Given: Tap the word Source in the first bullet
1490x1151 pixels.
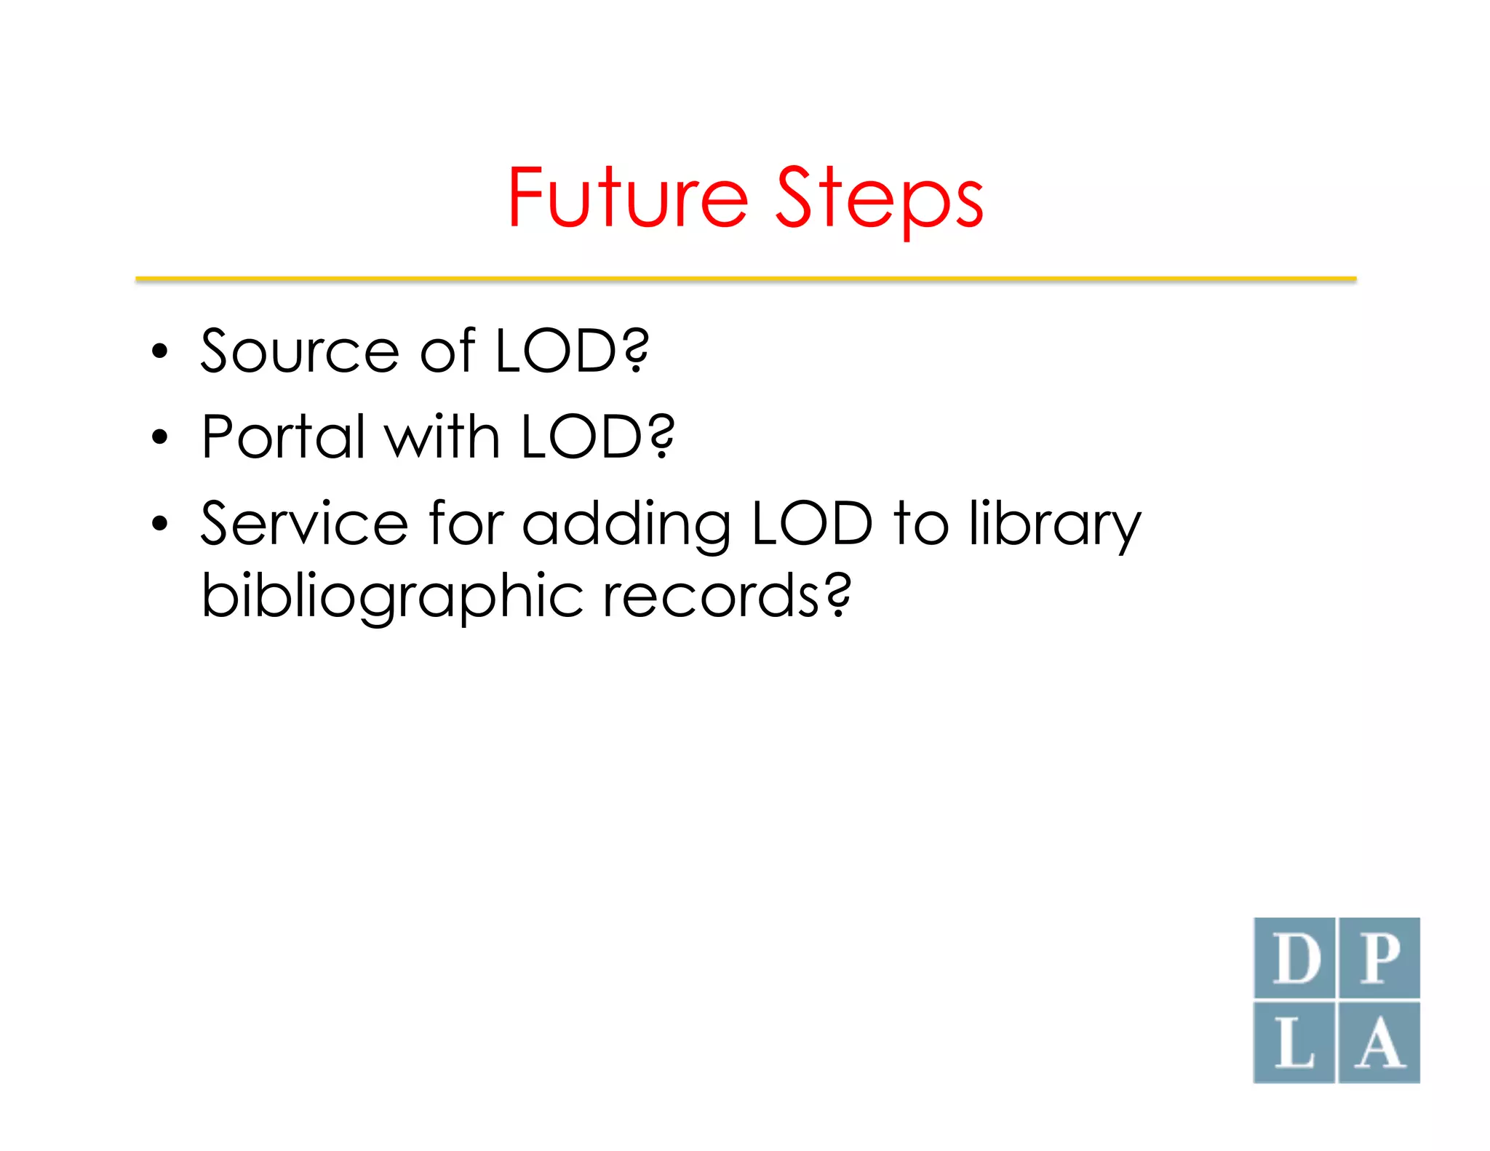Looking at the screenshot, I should [300, 351].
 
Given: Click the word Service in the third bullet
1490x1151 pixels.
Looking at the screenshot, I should [304, 523].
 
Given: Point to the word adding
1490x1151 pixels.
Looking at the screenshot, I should [626, 525].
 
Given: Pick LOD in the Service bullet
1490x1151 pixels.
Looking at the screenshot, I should [812, 523].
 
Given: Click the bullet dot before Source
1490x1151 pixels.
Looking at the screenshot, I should [159, 353].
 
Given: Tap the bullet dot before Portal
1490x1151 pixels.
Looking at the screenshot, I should [159, 438].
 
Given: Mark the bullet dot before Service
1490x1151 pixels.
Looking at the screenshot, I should [159, 524].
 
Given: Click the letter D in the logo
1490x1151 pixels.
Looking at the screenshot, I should [1295, 958].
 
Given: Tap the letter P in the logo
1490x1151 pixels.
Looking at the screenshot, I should [1379, 958].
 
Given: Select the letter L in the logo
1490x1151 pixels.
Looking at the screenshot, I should [1295, 1043].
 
